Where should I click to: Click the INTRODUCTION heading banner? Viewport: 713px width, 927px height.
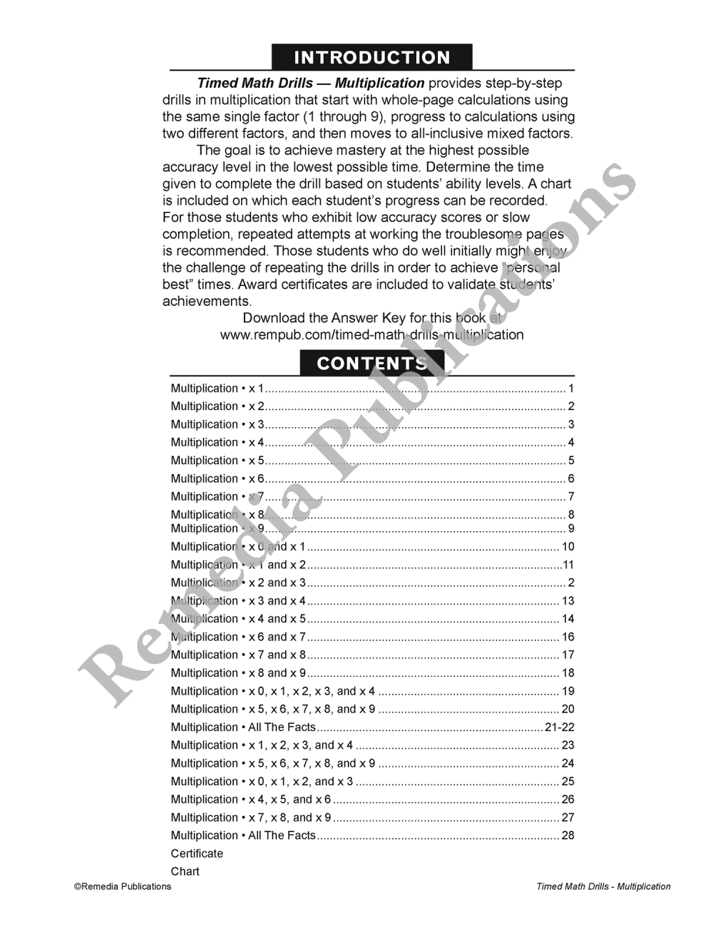[371, 57]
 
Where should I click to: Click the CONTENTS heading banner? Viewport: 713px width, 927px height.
[371, 363]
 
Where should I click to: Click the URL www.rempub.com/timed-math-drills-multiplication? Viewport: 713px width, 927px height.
[371, 334]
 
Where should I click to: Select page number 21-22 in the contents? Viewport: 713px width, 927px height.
[559, 727]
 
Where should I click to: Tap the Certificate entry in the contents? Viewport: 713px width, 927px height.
[197, 854]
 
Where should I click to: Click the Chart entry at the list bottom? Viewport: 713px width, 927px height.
[185, 871]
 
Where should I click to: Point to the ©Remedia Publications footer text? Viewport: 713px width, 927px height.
[123, 886]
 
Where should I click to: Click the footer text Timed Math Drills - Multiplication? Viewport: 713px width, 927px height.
[603, 886]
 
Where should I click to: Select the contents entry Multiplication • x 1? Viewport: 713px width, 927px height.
[217, 389]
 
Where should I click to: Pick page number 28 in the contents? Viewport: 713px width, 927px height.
[568, 835]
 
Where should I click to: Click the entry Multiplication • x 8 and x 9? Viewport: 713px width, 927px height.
[238, 672]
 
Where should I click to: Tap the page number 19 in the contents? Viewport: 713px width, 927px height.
[568, 691]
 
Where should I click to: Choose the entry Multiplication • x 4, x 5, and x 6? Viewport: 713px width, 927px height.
[251, 799]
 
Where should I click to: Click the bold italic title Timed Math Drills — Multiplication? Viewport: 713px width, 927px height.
[311, 83]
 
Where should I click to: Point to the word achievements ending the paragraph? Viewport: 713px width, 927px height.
[207, 301]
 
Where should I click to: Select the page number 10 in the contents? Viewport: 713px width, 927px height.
[568, 547]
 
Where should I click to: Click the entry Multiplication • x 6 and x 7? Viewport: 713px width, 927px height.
[238, 637]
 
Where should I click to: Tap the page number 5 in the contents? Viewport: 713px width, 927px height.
[571, 461]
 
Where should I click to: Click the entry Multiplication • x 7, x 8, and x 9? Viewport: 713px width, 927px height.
[251, 817]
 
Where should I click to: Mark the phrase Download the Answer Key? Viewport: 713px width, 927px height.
[324, 318]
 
